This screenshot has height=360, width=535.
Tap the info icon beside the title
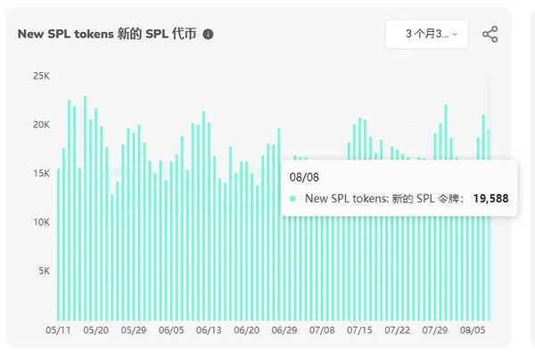pyautogui.click(x=209, y=34)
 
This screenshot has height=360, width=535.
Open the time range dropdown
pyautogui.click(x=426, y=34)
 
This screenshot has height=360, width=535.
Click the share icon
pyautogui.click(x=490, y=34)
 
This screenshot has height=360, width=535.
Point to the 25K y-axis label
pyautogui.click(x=41, y=77)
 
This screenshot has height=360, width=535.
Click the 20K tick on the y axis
pyautogui.click(x=41, y=125)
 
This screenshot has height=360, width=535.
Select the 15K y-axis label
pyautogui.click(x=41, y=173)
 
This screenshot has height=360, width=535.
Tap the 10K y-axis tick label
pyautogui.click(x=41, y=222)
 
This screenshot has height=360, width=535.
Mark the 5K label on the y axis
pyautogui.click(x=44, y=270)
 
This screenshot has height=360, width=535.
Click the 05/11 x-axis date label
pyautogui.click(x=58, y=331)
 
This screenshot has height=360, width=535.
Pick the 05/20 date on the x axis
pyautogui.click(x=95, y=331)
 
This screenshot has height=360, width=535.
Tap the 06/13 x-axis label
pyautogui.click(x=209, y=331)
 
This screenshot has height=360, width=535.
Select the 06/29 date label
pyautogui.click(x=284, y=331)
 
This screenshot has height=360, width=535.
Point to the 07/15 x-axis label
pyautogui.click(x=360, y=331)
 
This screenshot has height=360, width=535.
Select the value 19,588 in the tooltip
pyautogui.click(x=490, y=199)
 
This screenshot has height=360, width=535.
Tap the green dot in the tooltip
pyautogui.click(x=293, y=199)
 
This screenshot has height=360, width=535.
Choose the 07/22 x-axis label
pyautogui.click(x=398, y=331)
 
